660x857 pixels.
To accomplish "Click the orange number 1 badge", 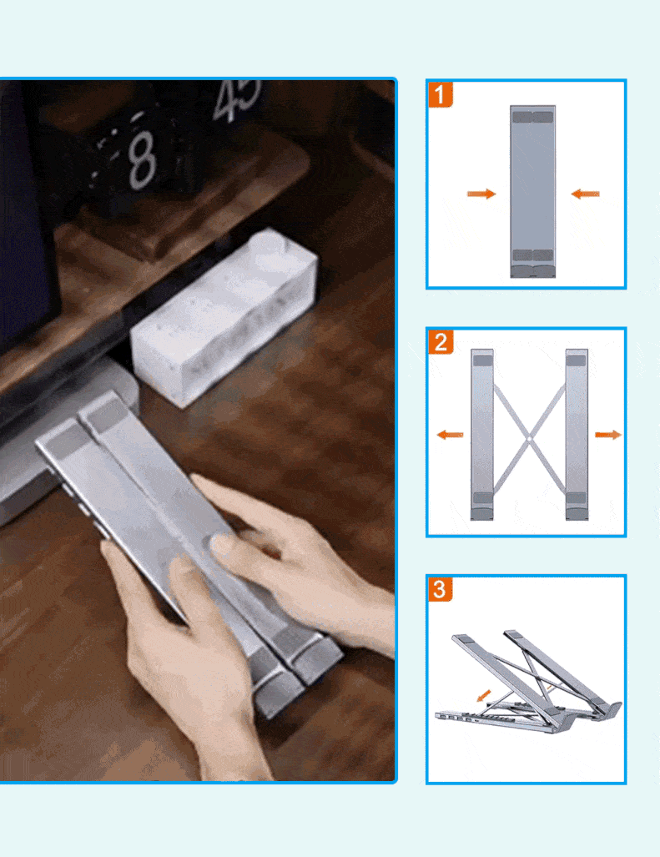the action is (x=441, y=94).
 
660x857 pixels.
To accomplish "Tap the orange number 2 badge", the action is (x=441, y=342).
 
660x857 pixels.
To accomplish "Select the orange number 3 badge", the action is (x=441, y=589).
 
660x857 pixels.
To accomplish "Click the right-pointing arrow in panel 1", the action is (x=481, y=194).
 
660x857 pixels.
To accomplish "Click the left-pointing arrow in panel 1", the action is (x=585, y=194).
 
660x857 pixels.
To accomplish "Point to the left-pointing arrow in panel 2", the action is (x=451, y=435).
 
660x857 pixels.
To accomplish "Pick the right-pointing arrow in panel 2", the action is (x=608, y=435).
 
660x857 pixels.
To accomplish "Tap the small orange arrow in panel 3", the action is (x=483, y=694).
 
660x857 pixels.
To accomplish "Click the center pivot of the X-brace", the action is (x=528, y=438).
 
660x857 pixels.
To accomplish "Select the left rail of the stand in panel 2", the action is (x=482, y=435).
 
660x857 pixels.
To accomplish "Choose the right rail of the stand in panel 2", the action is (x=577, y=435).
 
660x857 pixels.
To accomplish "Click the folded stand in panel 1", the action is (x=532, y=191).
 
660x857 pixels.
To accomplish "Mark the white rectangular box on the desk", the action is (x=224, y=317).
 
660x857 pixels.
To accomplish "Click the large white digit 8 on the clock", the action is (x=142, y=160).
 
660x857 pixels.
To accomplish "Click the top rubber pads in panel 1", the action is (x=532, y=117).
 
